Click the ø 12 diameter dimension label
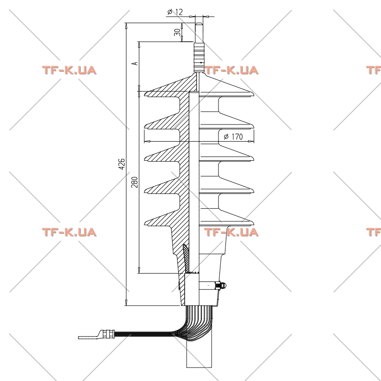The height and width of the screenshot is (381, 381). pos(175,12)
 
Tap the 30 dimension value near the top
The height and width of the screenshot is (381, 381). pos(178,32)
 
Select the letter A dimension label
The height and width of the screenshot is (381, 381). pos(134,63)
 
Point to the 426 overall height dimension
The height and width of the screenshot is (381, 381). pos(121,164)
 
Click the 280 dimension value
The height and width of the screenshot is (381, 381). pos(134,182)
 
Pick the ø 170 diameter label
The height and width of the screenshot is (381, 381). pos(233,137)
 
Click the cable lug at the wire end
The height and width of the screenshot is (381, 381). pos(89,335)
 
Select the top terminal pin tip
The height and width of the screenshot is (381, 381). pos(199,24)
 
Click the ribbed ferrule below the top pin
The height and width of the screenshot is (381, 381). pos(199,56)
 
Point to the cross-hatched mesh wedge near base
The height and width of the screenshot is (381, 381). pos(187,258)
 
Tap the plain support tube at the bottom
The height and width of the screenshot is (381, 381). pos(199,354)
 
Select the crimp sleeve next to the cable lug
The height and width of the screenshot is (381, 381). pos(108,334)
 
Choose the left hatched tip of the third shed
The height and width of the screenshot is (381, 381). pos(145,159)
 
